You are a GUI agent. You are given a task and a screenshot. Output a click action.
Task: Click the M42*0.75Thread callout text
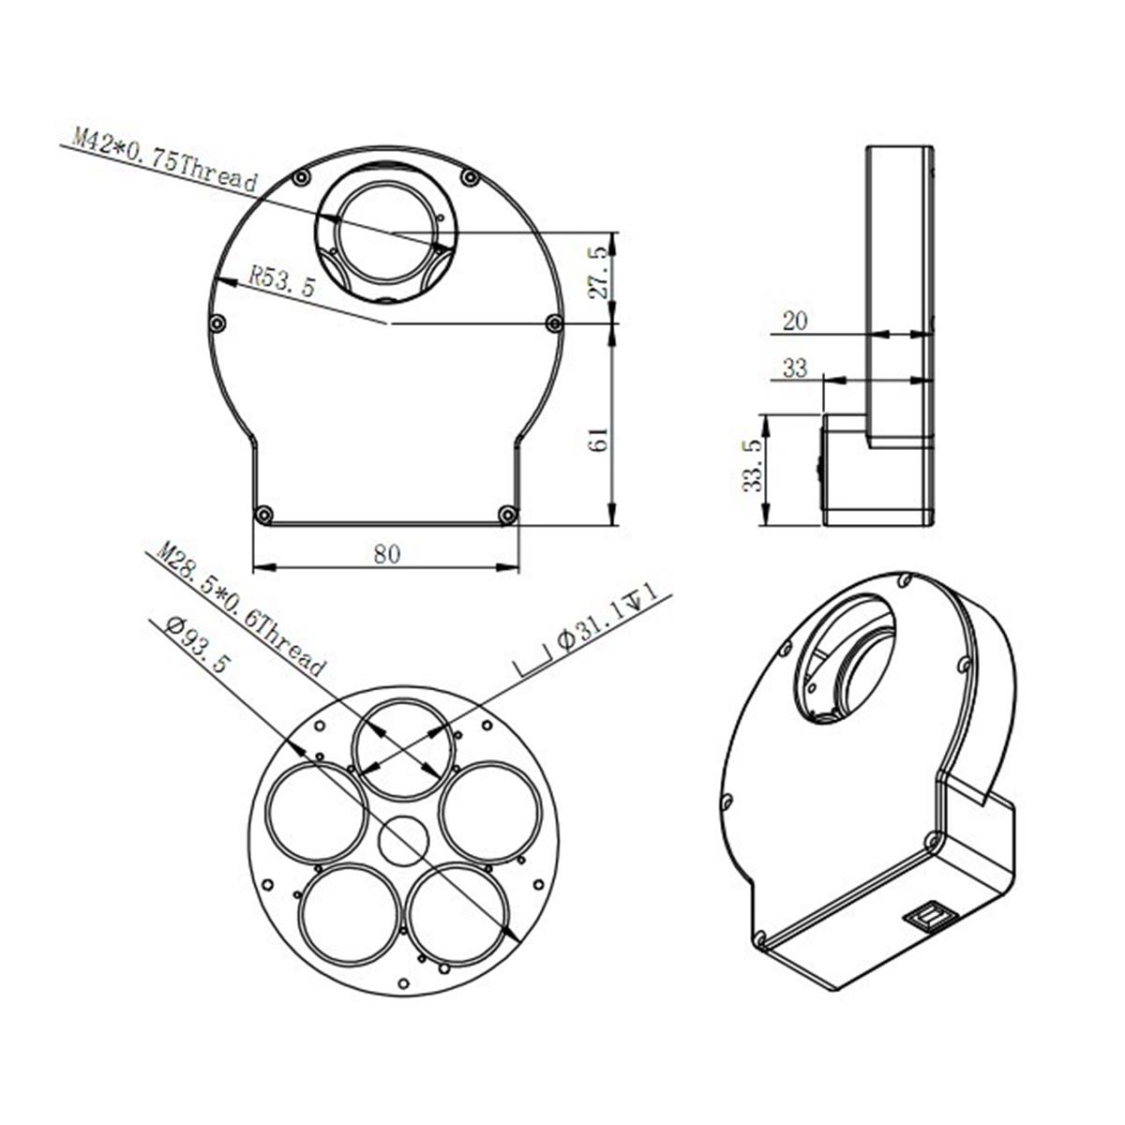[165, 162]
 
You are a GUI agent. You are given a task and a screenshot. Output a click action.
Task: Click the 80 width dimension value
[386, 553]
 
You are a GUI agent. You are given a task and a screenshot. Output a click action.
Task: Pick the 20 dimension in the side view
[795, 321]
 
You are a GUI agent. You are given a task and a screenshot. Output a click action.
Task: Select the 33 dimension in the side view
[795, 368]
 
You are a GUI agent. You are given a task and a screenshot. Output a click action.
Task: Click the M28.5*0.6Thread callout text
[239, 609]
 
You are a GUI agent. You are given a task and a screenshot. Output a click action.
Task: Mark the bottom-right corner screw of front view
[508, 514]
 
